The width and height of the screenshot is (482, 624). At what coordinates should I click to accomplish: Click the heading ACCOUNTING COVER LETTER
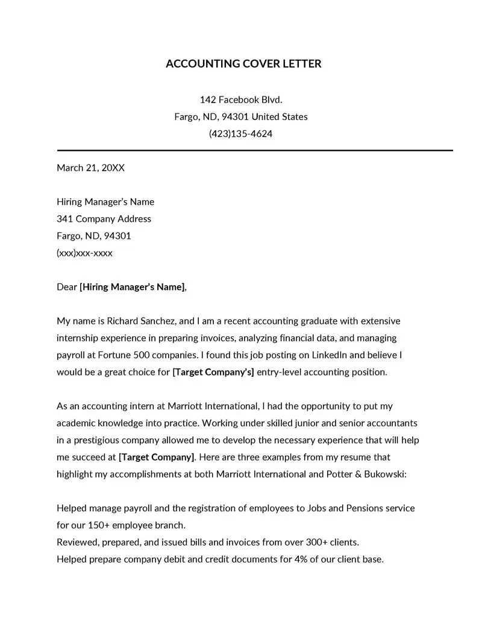[243, 64]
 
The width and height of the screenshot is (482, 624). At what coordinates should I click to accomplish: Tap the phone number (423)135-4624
[240, 133]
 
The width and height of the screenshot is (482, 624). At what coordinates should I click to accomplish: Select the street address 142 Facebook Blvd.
[241, 99]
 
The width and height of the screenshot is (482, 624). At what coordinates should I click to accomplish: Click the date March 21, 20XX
[90, 168]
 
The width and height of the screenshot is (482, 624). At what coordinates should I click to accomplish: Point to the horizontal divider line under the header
[254, 150]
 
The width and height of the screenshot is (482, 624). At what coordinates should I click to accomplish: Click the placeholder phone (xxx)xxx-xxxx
[84, 253]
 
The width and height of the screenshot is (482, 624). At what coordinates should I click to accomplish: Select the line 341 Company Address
[104, 219]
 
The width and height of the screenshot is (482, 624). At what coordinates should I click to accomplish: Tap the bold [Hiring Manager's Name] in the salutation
[133, 287]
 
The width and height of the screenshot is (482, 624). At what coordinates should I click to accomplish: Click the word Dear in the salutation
[67, 287]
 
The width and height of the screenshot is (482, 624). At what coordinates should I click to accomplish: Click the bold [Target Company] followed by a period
[157, 457]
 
